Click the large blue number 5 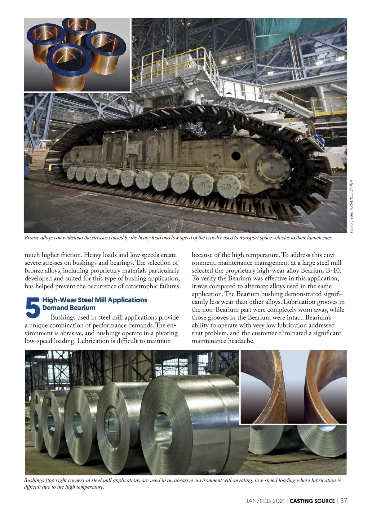33,308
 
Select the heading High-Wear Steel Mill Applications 95,300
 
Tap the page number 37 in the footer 343,500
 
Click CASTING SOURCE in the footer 312,501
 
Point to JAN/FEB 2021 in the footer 266,501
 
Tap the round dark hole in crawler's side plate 236,155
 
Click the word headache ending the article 241,341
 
